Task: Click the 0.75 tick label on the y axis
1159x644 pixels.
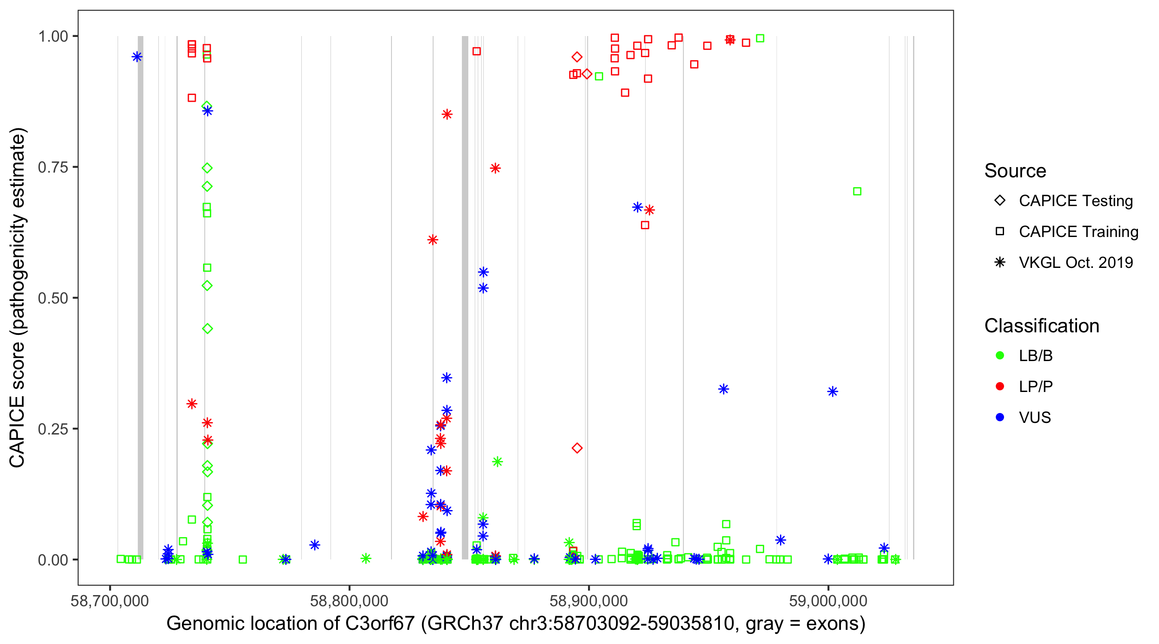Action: [52, 167]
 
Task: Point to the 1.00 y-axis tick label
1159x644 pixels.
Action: [52, 36]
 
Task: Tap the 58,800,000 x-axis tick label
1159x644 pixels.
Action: [349, 601]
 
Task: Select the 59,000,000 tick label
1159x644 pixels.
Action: [828, 601]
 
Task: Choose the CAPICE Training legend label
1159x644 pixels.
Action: [1078, 232]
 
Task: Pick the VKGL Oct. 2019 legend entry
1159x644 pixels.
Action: [1076, 263]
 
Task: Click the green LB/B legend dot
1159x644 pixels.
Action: [1000, 356]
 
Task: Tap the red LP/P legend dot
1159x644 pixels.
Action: [1000, 387]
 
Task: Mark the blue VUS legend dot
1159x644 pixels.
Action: [1000, 418]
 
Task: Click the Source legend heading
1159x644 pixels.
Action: [1015, 171]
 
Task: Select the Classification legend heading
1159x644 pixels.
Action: [1041, 326]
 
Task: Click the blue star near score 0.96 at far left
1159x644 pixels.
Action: [137, 57]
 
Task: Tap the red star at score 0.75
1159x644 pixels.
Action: [495, 169]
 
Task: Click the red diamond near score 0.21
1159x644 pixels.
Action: [577, 448]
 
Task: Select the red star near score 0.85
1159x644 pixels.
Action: [447, 115]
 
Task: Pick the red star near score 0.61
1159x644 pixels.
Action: [432, 240]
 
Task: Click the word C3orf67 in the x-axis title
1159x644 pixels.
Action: [379, 624]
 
